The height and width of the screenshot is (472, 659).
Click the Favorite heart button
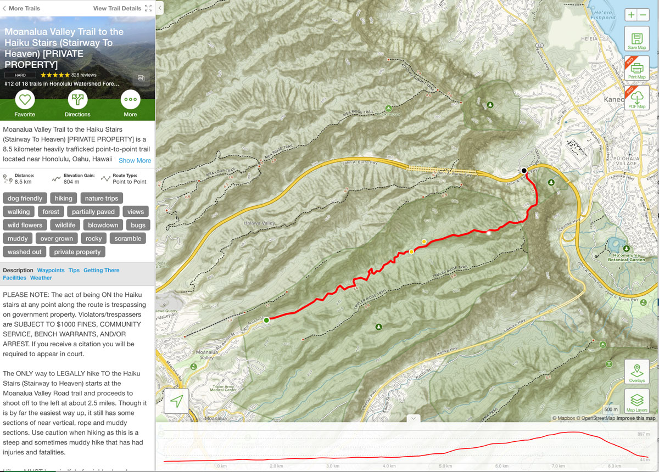25,100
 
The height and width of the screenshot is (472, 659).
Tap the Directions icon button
77,100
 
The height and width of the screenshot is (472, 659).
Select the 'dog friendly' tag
25,198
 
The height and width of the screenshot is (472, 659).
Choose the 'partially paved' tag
93,211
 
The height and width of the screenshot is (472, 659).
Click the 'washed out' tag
24,252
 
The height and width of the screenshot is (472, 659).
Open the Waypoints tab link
51,270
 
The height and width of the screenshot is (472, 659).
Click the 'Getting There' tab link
101,270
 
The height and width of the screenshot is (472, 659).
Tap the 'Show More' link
135,160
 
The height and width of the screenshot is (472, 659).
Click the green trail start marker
266,319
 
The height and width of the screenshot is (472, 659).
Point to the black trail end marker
524,171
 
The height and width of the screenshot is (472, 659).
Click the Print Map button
637,68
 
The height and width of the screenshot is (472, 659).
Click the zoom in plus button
631,15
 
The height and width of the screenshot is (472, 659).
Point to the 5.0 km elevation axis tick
446,466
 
